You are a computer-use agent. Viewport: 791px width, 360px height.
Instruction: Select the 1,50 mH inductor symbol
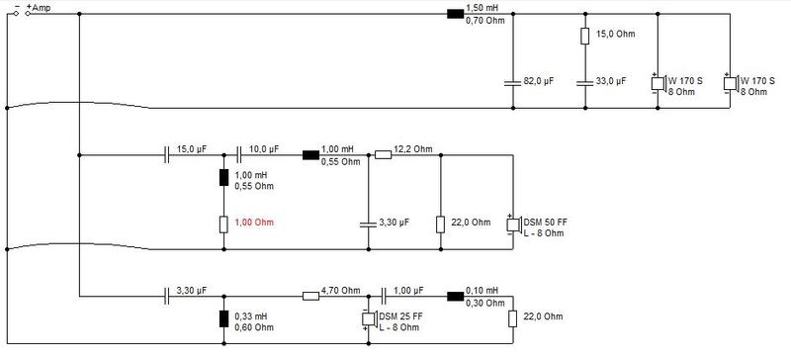[x=455, y=14]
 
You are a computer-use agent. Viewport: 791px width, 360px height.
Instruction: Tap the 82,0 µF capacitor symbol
[x=512, y=82]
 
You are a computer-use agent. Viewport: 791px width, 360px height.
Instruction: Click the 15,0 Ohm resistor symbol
[x=584, y=36]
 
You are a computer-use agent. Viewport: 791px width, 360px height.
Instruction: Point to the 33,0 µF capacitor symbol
[x=584, y=82]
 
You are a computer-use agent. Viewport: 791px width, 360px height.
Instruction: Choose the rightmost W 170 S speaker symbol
[x=731, y=82]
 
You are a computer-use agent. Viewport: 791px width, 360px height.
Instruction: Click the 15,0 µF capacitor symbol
[x=167, y=155]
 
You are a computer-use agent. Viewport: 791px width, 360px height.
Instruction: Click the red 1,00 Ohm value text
[x=255, y=223]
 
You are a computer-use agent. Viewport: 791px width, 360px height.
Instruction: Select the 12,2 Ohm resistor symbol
[x=383, y=155]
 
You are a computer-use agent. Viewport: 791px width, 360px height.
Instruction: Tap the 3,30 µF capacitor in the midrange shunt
[x=368, y=224]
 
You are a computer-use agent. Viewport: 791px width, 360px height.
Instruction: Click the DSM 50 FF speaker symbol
[x=513, y=224]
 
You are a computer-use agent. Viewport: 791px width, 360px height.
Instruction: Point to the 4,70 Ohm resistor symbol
[x=310, y=297]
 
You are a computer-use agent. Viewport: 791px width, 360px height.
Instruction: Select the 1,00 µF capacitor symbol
[x=384, y=297]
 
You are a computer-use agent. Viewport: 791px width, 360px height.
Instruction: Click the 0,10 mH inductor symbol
[x=455, y=297]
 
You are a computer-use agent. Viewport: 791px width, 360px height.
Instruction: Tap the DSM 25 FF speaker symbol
[x=369, y=319]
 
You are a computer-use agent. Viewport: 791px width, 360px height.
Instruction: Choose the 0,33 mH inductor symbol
[x=223, y=319]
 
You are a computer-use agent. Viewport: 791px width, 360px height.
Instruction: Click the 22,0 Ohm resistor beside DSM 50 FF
[x=440, y=225]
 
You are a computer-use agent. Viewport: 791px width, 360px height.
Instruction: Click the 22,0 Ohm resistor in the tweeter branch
[x=512, y=319]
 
